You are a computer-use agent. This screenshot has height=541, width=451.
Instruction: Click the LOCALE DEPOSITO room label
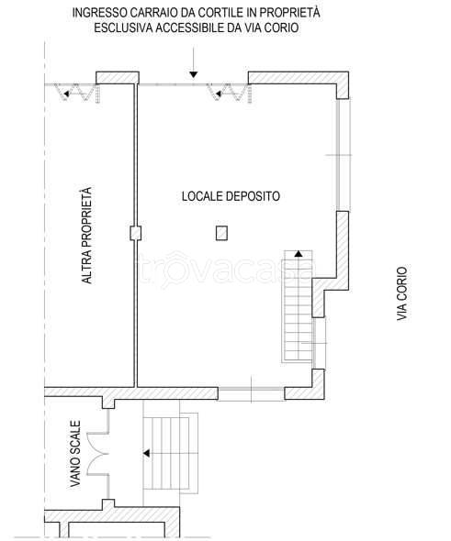231,196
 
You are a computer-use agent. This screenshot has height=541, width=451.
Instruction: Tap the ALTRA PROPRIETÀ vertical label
87,236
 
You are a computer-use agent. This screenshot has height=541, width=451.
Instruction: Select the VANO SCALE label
75,454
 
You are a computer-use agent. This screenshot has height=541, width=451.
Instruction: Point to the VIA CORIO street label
402,293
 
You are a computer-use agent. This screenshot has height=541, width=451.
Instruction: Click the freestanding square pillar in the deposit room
222,233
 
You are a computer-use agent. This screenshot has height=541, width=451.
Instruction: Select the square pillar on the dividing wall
135,233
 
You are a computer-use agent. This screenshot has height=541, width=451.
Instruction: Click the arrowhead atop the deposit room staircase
299,254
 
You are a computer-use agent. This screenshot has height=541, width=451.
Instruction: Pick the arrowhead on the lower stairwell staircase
147,453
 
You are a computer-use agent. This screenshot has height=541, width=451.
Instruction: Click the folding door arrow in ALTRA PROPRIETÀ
66,94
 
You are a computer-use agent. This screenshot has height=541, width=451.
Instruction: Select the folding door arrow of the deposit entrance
219,94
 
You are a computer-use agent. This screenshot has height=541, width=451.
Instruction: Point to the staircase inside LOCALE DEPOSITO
298,306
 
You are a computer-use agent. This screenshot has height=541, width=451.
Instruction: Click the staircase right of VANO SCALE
171,453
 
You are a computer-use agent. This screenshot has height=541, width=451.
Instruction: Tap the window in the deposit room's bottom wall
252,393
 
